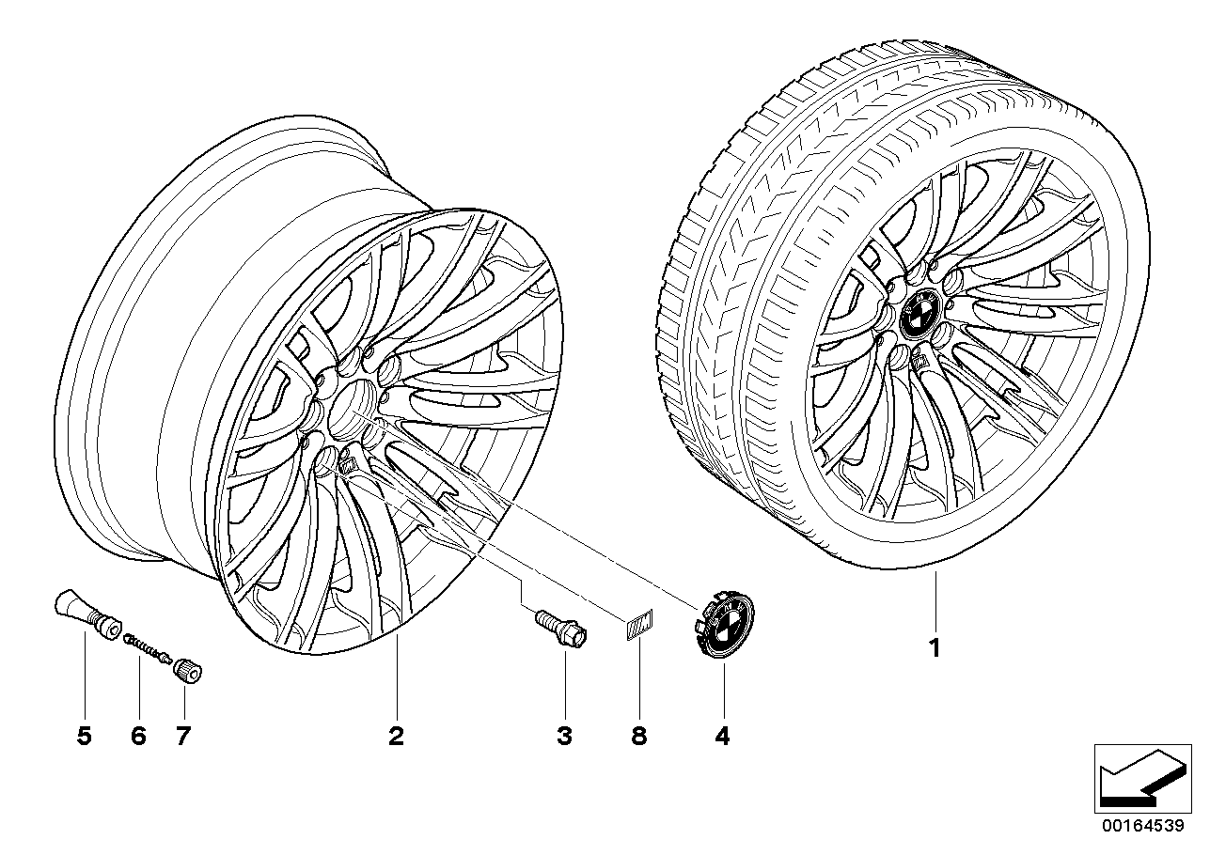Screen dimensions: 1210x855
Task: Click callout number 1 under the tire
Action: coord(935,647)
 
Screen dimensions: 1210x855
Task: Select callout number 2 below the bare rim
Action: coord(396,736)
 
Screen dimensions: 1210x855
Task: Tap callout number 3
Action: coord(564,736)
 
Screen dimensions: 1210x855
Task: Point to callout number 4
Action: coord(722,736)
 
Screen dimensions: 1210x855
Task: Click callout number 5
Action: coord(85,736)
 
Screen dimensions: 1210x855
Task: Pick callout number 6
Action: coord(139,736)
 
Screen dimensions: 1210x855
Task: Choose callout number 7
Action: coord(183,736)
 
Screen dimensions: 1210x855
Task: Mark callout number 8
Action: coord(639,736)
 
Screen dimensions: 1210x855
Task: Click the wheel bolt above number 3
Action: coord(562,629)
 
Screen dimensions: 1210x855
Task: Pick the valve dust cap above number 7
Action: coord(187,673)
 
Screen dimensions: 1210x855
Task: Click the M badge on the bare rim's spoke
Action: coord(346,463)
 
